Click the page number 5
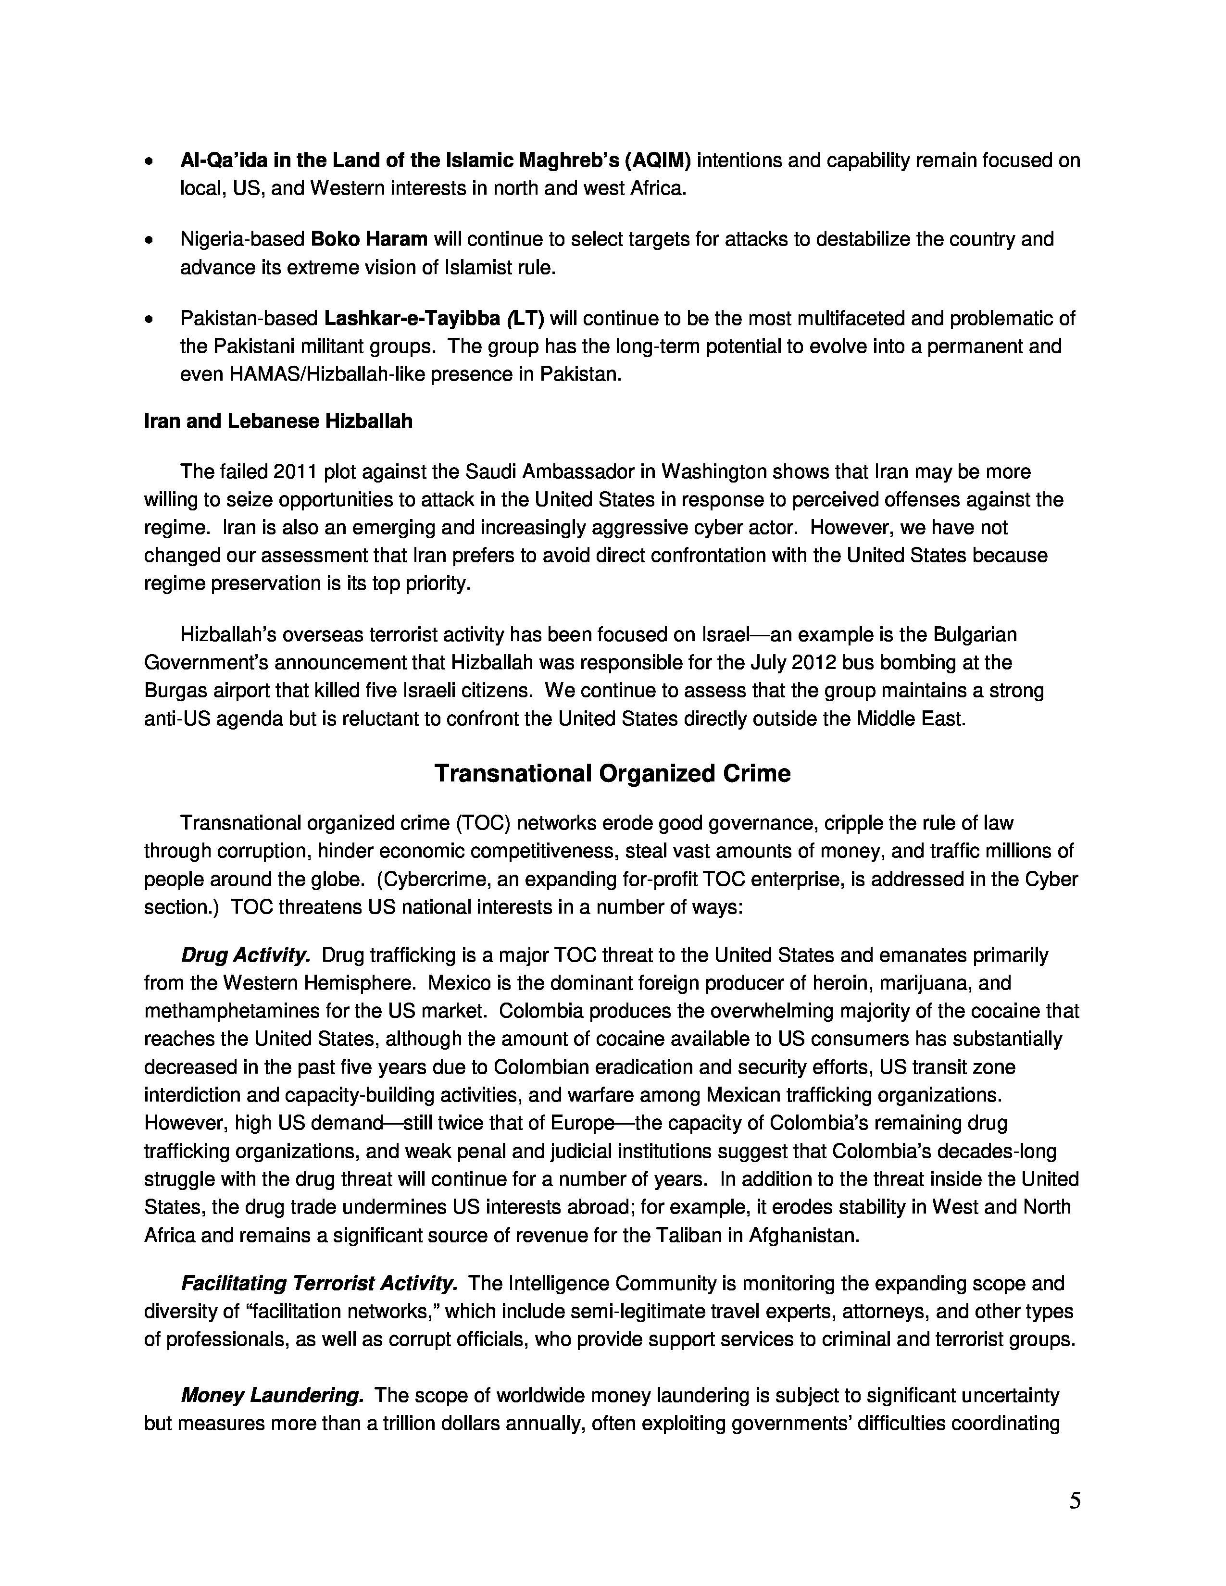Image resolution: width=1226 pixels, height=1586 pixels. [x=1074, y=1501]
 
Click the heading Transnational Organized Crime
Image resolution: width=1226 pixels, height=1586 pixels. [x=612, y=773]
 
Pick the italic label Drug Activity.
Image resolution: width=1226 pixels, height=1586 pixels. [x=246, y=955]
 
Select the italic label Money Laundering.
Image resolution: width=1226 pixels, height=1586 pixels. [x=272, y=1395]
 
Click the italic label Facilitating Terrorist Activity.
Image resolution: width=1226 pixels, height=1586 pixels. [x=319, y=1283]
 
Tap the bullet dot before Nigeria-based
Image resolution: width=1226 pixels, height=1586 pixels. [x=150, y=240]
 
